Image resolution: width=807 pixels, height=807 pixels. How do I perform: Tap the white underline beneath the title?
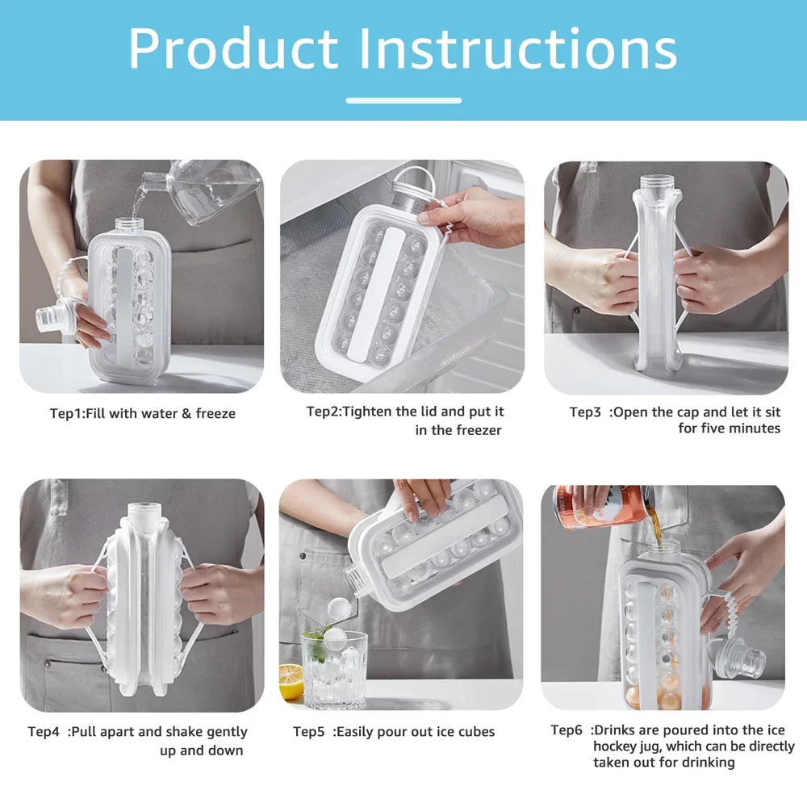(403, 101)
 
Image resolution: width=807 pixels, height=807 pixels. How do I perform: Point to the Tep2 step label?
(324, 412)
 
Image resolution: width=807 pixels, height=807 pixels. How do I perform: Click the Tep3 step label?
(585, 412)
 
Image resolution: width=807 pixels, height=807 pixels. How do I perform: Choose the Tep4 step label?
(44, 732)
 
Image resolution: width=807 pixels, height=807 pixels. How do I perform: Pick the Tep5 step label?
(308, 732)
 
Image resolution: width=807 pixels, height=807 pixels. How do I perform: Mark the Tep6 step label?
(567, 730)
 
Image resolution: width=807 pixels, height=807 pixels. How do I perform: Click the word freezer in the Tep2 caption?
(479, 430)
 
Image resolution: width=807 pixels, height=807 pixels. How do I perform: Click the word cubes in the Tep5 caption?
(475, 732)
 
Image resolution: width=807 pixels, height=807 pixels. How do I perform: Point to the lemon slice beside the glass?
(291, 682)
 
